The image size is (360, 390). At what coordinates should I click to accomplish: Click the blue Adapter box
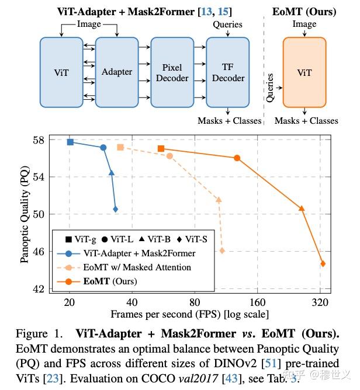116,73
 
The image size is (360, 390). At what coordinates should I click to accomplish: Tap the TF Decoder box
228,73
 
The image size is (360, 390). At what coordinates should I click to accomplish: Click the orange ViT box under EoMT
304,73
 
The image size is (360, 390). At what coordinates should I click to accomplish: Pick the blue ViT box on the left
61,73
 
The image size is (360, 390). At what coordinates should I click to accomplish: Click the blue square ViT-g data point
70,142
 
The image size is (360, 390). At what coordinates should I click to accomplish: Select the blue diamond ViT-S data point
115,209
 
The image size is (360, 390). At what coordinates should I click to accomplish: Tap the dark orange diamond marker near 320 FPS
323,263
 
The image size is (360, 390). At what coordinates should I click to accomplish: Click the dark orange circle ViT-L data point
237,158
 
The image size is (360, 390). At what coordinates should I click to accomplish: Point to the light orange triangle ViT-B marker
219,200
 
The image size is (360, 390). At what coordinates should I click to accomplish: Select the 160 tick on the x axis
257,302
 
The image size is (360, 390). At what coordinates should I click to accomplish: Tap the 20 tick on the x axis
70,302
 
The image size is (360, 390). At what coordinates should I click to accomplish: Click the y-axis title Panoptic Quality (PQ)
25,214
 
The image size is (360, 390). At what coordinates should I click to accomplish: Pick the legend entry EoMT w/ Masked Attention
137,267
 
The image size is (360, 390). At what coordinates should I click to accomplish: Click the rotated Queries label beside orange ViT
269,88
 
